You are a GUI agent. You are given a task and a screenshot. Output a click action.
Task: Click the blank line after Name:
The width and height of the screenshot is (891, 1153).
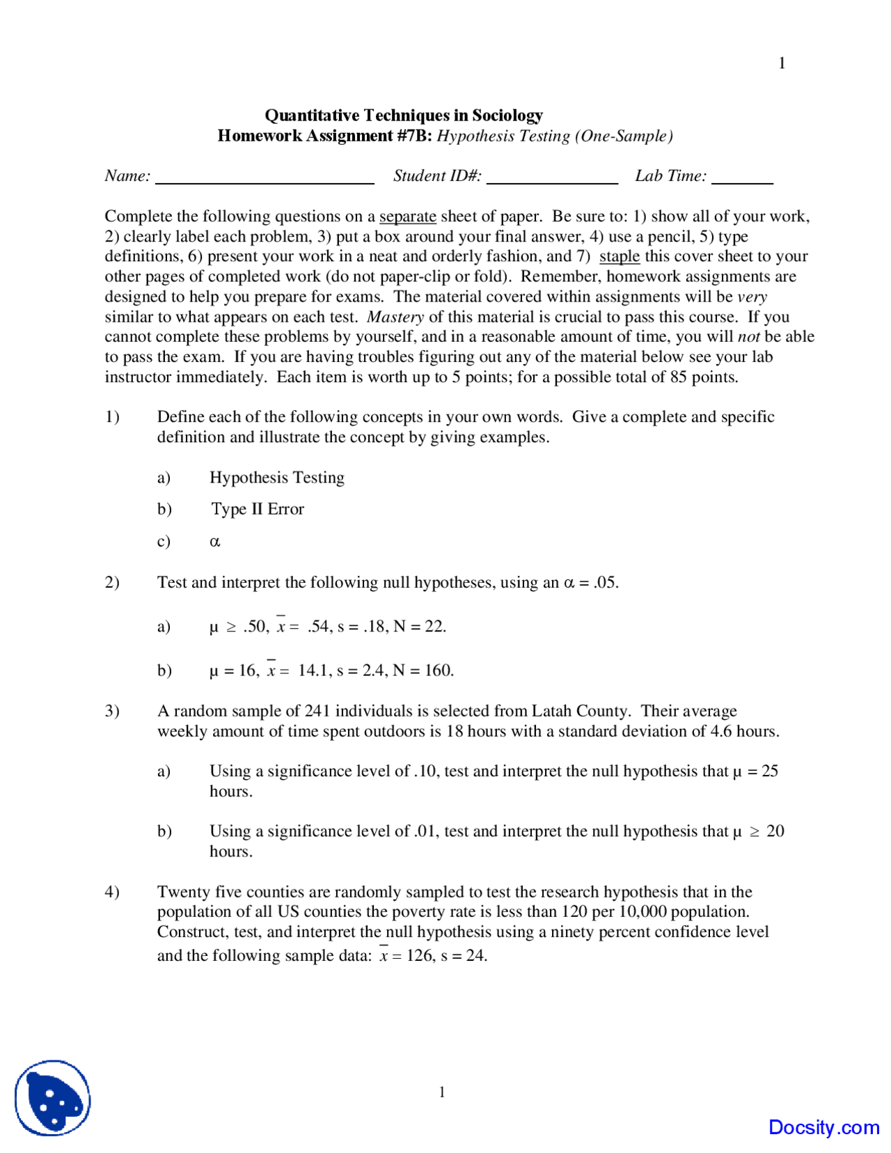point(265,182)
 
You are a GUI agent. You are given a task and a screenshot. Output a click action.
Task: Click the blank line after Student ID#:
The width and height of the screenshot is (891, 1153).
point(552,182)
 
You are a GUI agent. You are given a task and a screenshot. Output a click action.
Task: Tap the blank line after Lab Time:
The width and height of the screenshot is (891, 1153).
point(742,182)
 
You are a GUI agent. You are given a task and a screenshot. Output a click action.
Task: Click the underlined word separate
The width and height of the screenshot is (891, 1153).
point(407,217)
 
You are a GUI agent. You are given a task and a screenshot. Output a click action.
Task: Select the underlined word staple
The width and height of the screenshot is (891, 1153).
point(619,256)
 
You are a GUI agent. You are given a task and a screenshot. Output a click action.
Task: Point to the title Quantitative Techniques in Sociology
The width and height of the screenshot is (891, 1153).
point(404,115)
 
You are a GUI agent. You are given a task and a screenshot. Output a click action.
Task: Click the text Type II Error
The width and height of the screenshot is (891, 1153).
point(258,509)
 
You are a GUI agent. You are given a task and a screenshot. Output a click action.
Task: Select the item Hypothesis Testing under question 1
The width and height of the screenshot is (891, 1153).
point(277,478)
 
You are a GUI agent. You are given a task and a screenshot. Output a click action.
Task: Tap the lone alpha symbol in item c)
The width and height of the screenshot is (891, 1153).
point(215,542)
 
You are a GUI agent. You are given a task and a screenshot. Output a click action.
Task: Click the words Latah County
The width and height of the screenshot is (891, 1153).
point(581,711)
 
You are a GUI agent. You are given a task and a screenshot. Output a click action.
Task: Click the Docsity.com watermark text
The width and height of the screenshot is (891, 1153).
point(823,1127)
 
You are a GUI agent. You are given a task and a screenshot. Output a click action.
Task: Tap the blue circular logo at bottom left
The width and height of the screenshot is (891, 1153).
point(53,1098)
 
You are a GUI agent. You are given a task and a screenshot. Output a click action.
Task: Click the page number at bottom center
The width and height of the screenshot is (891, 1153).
point(442,1092)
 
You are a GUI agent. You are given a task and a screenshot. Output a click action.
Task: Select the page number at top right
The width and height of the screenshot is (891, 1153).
point(782,63)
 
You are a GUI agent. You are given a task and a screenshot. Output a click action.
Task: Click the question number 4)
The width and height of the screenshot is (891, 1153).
point(112,892)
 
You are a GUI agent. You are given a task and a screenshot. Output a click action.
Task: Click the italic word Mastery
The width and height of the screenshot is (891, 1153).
point(395,317)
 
